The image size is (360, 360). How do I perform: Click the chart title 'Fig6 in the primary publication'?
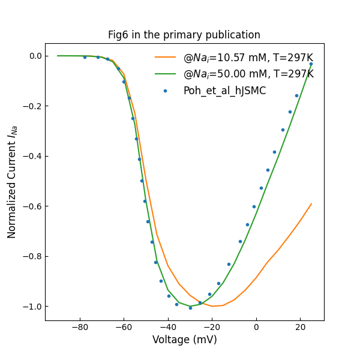[x=184, y=35]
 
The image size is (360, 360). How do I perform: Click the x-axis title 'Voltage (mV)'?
[x=184, y=340]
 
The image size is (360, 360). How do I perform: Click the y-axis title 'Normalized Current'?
[x=13, y=182]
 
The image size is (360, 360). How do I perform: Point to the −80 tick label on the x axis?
[x=80, y=327]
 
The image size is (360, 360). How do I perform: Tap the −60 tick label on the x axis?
[x=124, y=327]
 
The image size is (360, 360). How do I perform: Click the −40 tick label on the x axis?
[x=168, y=327]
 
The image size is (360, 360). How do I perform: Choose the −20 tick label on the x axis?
[x=212, y=327]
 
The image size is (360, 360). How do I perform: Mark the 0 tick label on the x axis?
[x=256, y=327]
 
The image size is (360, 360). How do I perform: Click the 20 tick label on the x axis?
[x=300, y=327]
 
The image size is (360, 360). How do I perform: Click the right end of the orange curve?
[x=311, y=204]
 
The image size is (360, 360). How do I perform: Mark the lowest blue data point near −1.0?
[x=190, y=307]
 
